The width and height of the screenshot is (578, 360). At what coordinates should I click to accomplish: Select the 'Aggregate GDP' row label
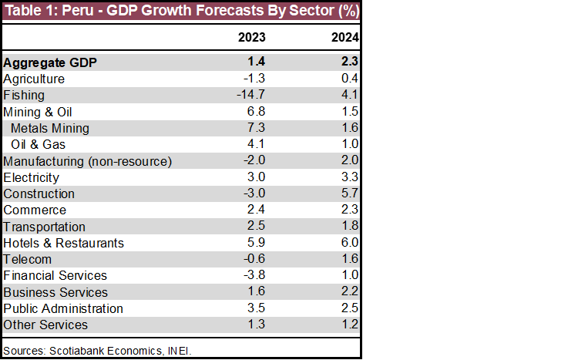50,62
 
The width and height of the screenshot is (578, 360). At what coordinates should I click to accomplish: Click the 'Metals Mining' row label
50,128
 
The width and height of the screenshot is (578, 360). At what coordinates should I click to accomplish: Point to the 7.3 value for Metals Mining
258,128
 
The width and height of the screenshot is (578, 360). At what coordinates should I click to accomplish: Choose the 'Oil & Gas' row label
39,144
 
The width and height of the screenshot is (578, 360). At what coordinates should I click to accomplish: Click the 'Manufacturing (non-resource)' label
87,161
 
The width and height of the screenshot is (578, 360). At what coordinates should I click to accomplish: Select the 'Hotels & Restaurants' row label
63,243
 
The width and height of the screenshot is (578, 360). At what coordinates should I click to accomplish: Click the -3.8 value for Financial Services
255,275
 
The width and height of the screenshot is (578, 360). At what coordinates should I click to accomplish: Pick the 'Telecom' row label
28,259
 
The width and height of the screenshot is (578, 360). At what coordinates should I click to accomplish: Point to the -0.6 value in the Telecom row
255,259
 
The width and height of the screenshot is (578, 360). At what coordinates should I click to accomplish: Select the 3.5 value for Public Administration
258,308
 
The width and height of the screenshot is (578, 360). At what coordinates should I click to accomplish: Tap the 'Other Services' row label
45,325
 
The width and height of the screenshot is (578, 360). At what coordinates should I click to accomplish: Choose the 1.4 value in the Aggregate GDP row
258,62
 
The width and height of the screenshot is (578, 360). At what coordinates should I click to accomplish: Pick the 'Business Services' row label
55,292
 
